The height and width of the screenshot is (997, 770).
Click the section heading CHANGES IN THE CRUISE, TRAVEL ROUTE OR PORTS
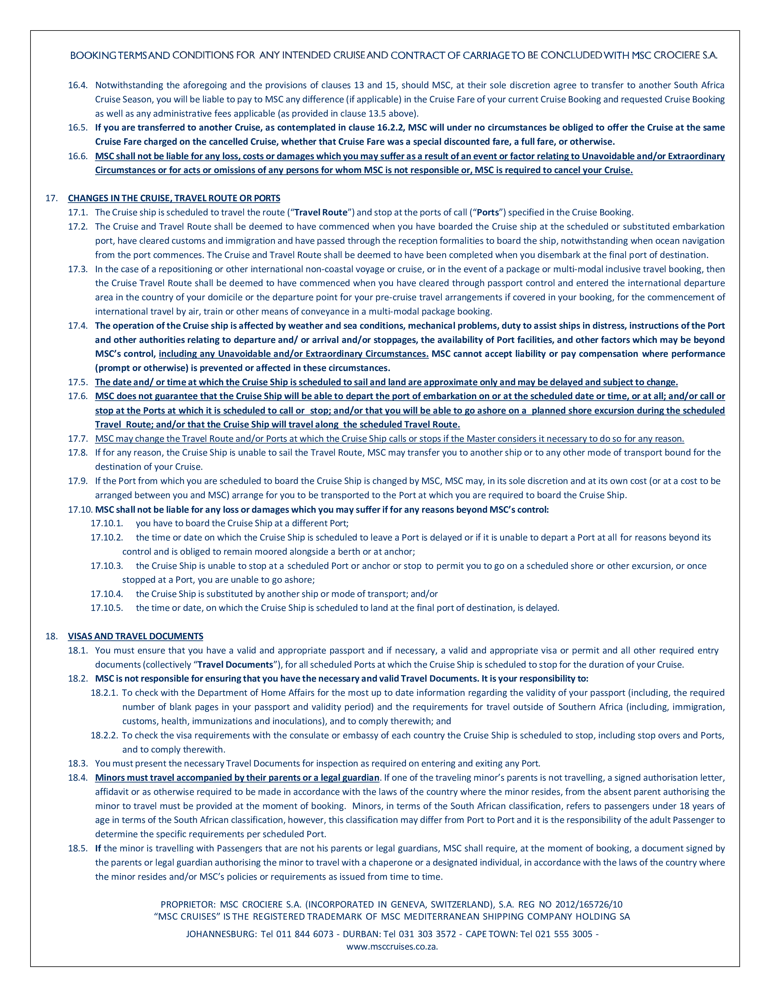174,198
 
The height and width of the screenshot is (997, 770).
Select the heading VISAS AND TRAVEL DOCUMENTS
136,636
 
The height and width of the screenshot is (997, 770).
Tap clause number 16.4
78,86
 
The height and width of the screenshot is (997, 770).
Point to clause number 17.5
78,382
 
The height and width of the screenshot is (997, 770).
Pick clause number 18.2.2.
104,735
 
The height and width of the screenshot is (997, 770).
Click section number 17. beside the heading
52,198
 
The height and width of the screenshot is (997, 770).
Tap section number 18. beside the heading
52,636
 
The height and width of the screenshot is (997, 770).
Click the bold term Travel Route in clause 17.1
321,212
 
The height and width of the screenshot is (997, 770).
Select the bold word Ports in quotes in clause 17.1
488,212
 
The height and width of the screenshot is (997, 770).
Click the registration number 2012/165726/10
588,904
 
